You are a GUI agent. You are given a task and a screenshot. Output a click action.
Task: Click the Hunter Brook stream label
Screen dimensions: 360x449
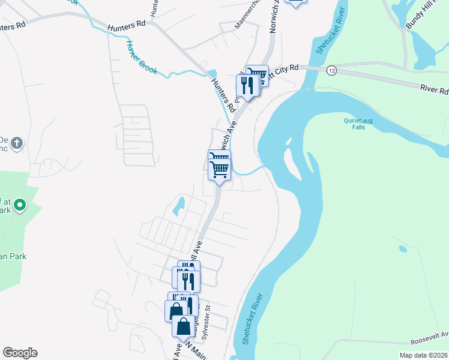142,58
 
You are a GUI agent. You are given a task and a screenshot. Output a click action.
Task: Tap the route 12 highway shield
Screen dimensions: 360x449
331,71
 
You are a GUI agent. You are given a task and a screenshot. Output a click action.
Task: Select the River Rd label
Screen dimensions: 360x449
435,90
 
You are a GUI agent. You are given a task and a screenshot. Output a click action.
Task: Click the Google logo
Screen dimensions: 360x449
20,353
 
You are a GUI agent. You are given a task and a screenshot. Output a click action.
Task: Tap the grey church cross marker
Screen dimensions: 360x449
17,143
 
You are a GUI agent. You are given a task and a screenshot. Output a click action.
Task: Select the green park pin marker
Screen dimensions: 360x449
20,205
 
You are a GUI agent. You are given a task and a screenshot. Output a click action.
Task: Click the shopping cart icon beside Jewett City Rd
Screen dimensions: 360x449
258,76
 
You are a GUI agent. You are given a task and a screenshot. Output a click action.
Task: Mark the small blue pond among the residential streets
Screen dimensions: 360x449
178,207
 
